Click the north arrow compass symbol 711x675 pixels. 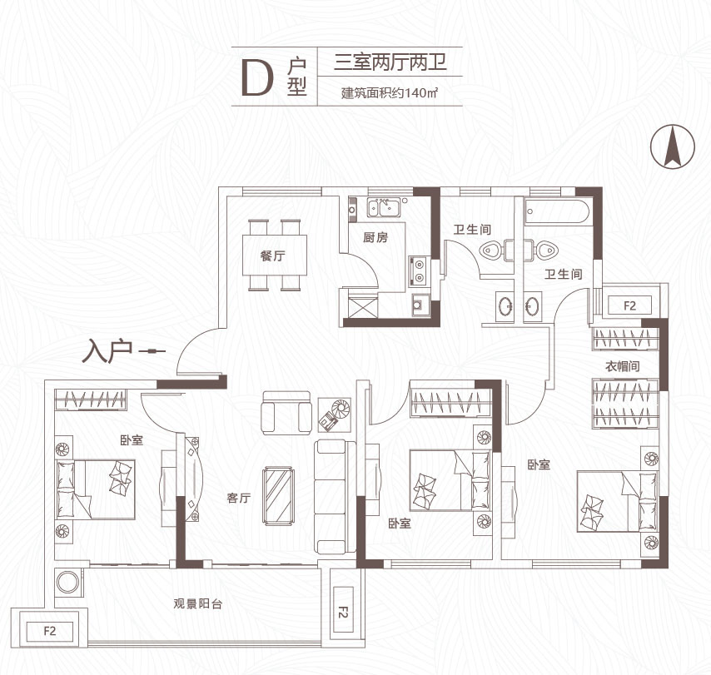coord(673,146)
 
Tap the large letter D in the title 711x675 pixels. coord(257,78)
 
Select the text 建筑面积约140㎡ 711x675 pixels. coord(390,93)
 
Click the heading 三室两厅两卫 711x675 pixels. coord(390,62)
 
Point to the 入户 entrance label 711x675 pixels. coord(107,351)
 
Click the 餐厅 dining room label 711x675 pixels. coord(273,256)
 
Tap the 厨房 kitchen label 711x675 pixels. coord(375,237)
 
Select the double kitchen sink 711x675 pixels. coord(383,208)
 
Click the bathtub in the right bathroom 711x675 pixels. coord(557,211)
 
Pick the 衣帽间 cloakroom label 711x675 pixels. coord(623,366)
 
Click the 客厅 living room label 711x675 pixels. coord(238,498)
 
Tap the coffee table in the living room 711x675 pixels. coord(279,496)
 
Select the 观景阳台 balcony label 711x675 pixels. coord(197,603)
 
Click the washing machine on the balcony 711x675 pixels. coord(68,582)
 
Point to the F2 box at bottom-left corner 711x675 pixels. coord(49,631)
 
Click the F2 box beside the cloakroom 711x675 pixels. coord(629,305)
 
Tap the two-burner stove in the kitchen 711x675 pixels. coord(419,271)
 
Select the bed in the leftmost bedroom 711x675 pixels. coord(95,489)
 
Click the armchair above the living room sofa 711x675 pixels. coord(286,413)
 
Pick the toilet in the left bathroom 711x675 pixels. coord(492,250)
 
